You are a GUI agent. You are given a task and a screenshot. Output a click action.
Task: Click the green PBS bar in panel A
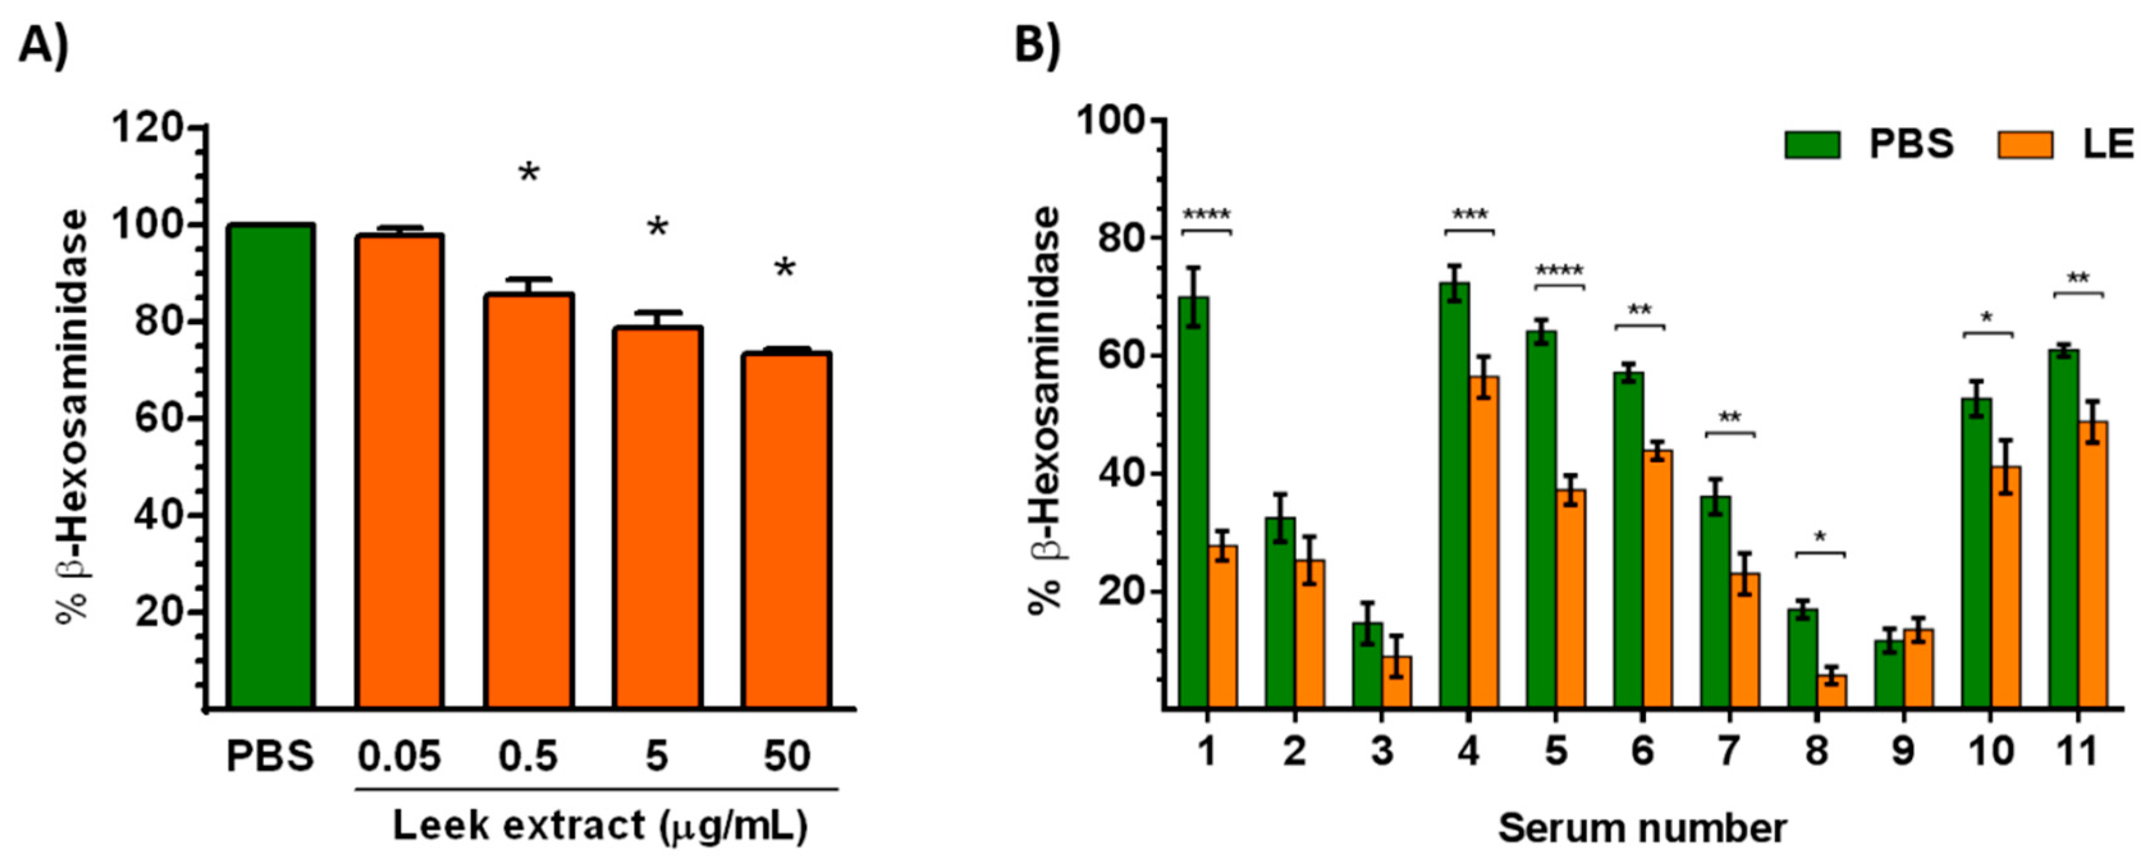coord(271,467)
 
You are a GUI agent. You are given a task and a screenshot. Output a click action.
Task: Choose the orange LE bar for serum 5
coord(1570,600)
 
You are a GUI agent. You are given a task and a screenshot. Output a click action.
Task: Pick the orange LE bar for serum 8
coord(1832,692)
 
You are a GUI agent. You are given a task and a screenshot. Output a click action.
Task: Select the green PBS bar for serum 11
coord(2064,530)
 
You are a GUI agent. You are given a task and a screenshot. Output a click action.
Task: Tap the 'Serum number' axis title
coord(1642,829)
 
